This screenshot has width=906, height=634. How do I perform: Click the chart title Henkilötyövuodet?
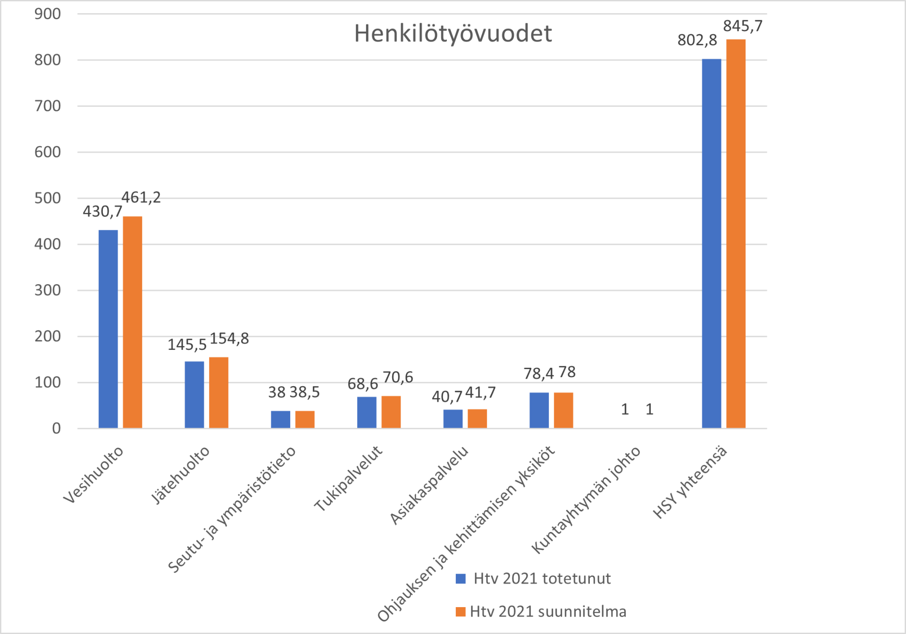tap(453, 34)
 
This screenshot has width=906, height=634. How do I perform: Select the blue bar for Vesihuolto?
tap(108, 329)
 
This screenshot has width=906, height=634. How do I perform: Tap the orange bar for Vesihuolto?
tap(133, 322)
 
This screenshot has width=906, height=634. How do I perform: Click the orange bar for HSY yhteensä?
tap(736, 234)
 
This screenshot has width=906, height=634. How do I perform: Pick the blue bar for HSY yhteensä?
tap(711, 244)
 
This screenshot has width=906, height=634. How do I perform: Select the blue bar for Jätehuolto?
tap(194, 395)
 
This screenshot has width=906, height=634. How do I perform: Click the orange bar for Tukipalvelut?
tap(391, 412)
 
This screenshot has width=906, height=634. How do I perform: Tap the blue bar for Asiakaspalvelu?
tap(453, 419)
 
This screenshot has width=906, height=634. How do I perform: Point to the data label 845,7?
tap(743, 26)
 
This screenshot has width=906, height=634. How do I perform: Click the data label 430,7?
tap(102, 211)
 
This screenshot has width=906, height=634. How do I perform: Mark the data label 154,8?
tap(229, 338)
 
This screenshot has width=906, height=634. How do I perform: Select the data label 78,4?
tap(538, 374)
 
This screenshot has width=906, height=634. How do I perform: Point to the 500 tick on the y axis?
tap(48, 198)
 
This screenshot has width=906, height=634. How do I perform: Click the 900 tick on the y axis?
tap(48, 14)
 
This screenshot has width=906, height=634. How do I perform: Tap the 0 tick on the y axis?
tap(56, 428)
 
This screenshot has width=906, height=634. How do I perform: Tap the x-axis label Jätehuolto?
tap(180, 474)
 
